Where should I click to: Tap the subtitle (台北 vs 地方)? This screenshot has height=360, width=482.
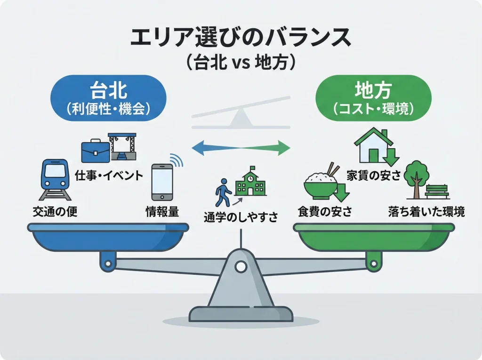tap(241, 63)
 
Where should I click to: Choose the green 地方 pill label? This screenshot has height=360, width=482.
tap(373, 98)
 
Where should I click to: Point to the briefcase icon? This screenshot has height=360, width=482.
tap(95, 151)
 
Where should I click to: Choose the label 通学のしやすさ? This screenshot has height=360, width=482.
tap(241, 217)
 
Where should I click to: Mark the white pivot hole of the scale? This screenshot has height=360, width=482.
tap(241, 267)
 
